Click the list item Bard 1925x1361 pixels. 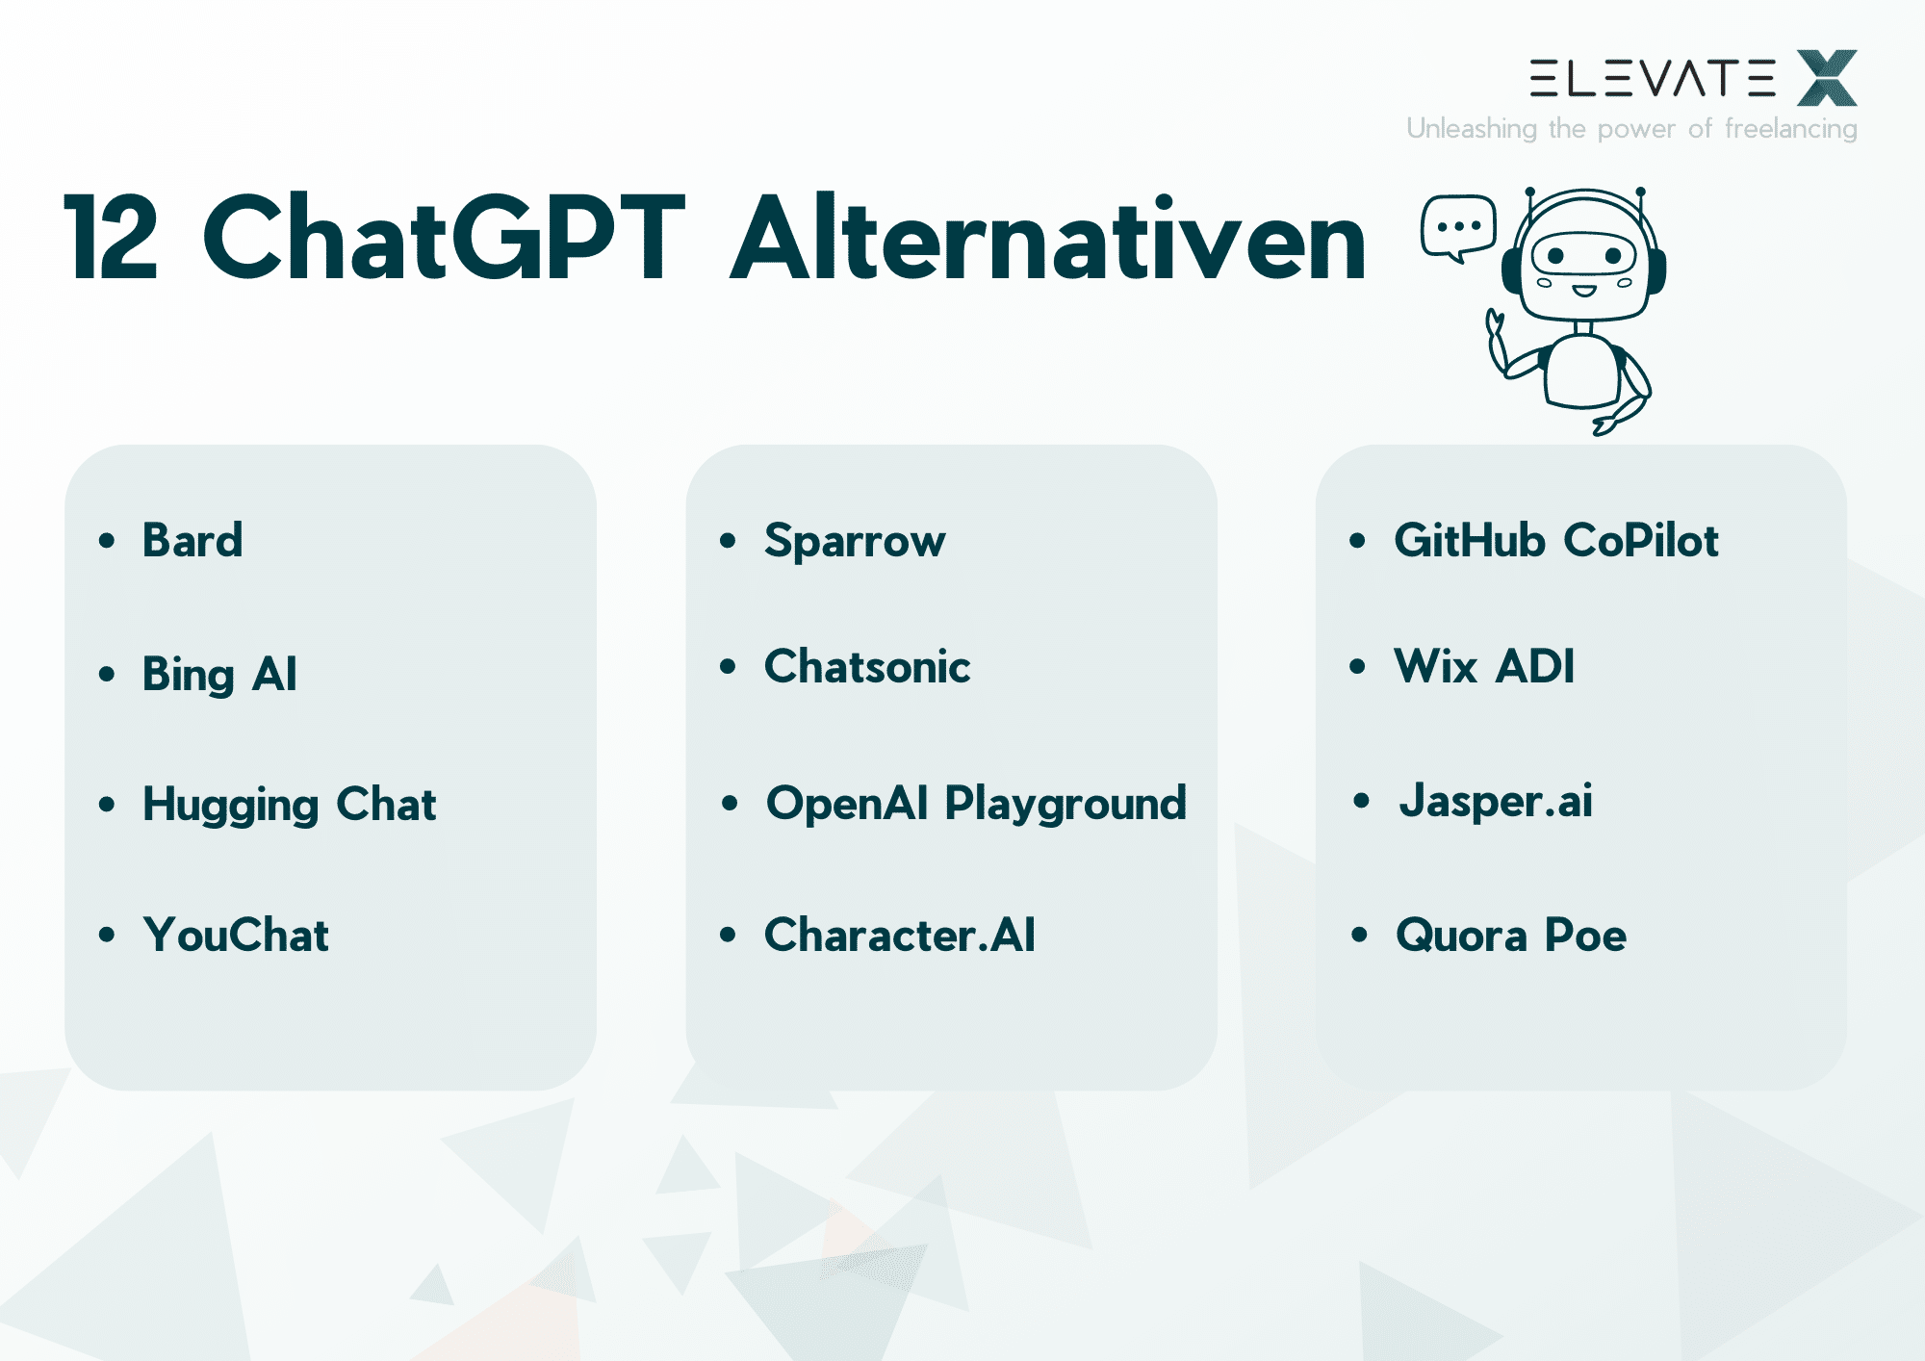(x=192, y=540)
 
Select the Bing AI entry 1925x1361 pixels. (x=219, y=674)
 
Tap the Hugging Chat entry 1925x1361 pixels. (x=289, y=805)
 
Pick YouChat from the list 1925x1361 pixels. (x=236, y=935)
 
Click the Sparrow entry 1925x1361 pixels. (x=855, y=541)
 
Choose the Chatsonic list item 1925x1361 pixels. (x=867, y=666)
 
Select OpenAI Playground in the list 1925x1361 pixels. (x=976, y=804)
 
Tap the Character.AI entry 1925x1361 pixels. (x=900, y=935)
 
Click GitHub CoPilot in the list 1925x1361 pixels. (x=1556, y=540)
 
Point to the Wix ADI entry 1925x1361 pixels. (x=1484, y=666)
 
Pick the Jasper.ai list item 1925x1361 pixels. (x=1496, y=802)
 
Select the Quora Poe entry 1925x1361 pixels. (x=1511, y=935)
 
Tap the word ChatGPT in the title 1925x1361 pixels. (x=444, y=237)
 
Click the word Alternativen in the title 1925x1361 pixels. (x=1048, y=237)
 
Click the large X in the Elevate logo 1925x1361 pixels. (x=1827, y=78)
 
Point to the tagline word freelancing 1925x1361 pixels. (x=1790, y=129)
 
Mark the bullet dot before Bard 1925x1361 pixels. (x=107, y=540)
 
